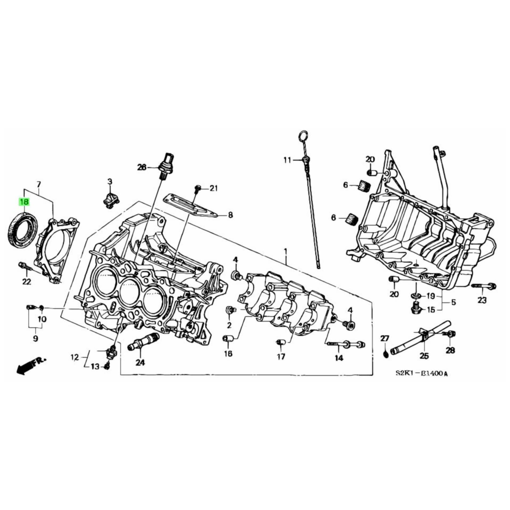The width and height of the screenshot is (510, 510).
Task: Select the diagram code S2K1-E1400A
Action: click(421, 374)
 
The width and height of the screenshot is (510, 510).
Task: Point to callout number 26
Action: click(142, 167)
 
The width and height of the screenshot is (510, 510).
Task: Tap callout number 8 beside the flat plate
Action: click(230, 215)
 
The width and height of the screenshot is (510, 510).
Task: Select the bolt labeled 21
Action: click(197, 189)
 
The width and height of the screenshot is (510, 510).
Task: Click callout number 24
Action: click(140, 363)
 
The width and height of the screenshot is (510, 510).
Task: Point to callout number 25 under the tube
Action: click(424, 356)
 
